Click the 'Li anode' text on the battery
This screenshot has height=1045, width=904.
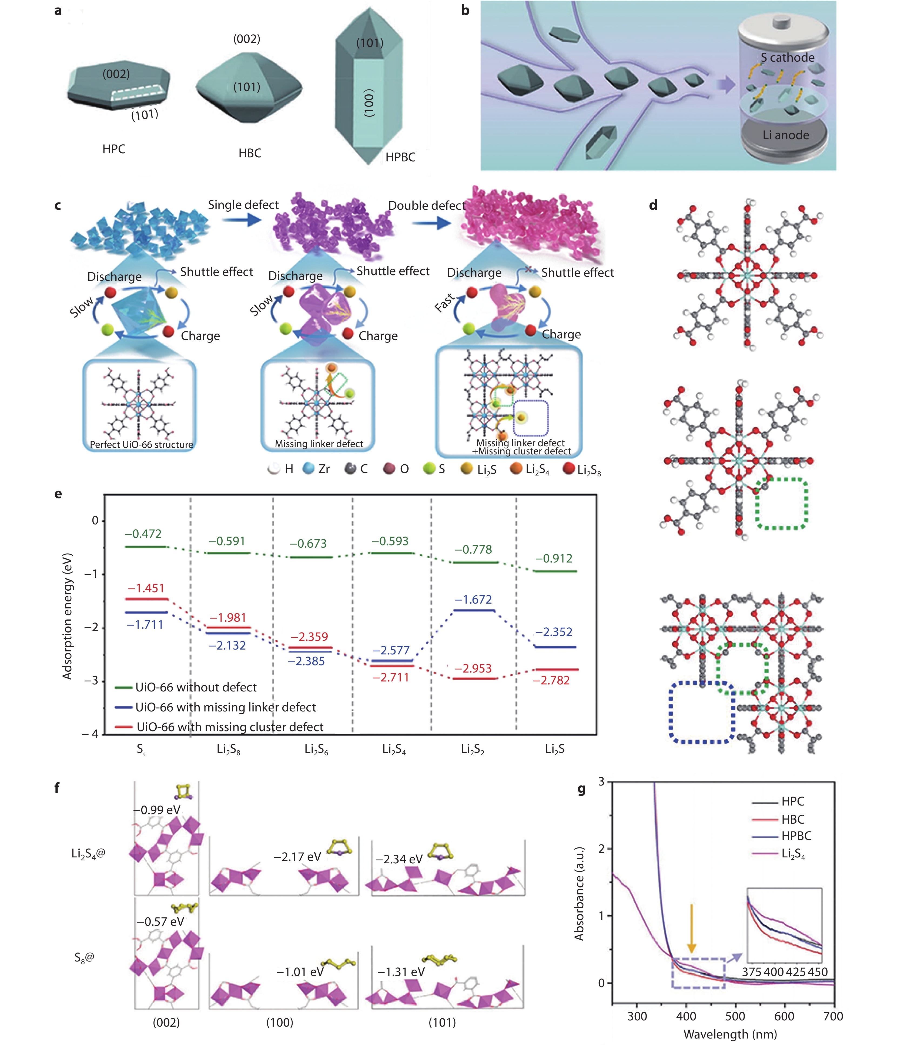[785, 135]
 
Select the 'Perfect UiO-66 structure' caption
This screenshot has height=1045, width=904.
[141, 445]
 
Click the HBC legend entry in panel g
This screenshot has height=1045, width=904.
[792, 820]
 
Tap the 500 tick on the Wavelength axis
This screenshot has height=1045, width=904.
[735, 1016]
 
